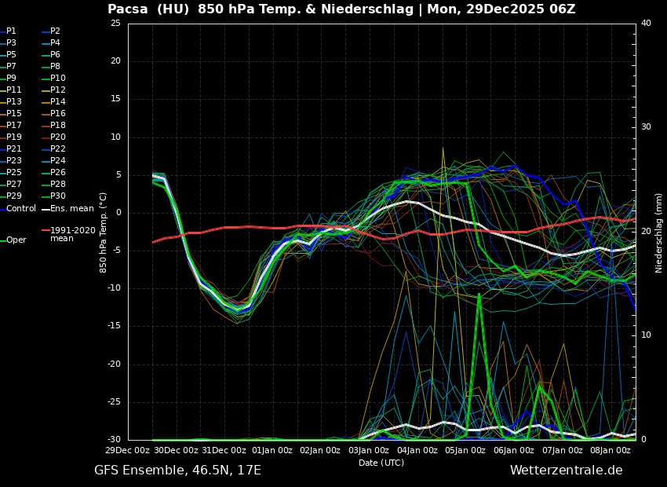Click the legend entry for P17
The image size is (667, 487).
[14, 126]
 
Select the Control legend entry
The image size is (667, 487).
[20, 209]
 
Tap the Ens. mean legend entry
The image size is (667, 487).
[71, 209]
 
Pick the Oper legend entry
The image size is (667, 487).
[16, 240]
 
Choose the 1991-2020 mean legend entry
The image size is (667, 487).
[72, 234]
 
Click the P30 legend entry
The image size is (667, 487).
[58, 196]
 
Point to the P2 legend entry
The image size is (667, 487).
[55, 31]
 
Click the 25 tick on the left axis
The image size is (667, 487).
[115, 24]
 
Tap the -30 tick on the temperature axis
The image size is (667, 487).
[113, 440]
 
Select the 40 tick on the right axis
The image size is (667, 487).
[646, 24]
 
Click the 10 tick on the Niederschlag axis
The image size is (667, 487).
[646, 335]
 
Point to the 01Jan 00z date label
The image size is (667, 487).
[272, 451]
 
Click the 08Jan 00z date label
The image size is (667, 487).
[611, 451]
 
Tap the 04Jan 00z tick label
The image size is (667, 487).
[417, 451]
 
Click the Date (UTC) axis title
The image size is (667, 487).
[381, 463]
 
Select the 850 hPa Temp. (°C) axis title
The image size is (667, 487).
[104, 232]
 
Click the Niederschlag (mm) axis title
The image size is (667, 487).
[659, 232]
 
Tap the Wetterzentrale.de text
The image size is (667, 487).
[566, 471]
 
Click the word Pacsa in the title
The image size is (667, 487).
[128, 9]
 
